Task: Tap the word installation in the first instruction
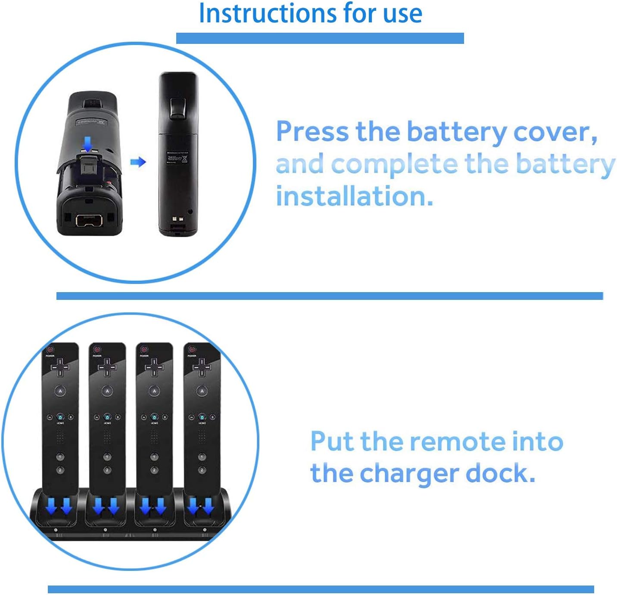(354, 197)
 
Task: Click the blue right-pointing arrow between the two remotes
(138, 162)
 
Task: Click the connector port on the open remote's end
(89, 220)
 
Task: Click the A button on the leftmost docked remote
(60, 391)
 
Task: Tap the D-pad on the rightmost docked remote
(202, 367)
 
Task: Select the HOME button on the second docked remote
(107, 417)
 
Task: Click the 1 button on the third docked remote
(154, 457)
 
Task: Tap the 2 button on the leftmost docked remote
(60, 470)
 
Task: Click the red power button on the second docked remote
(97, 349)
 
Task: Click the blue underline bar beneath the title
(320, 38)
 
